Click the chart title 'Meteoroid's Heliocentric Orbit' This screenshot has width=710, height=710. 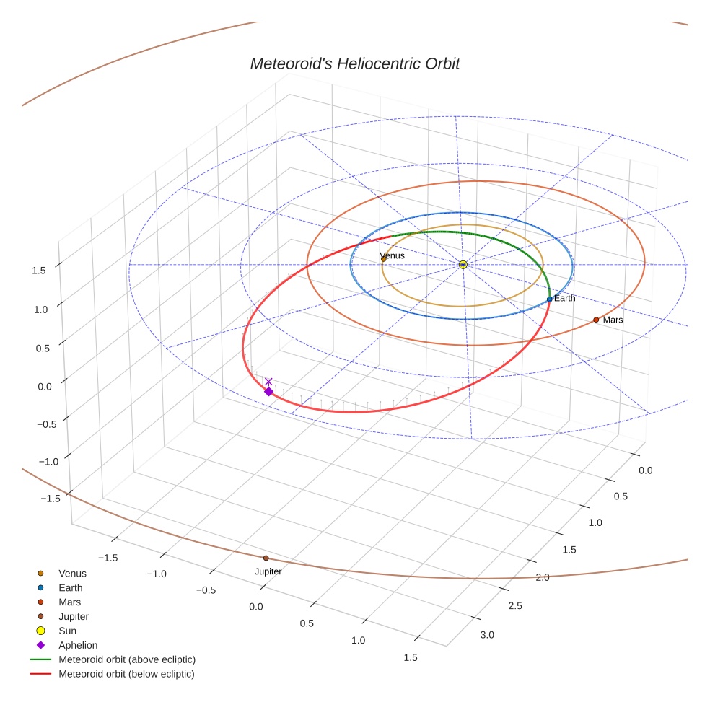354,63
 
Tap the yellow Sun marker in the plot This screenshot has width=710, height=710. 463,265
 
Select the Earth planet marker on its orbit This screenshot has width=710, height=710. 549,299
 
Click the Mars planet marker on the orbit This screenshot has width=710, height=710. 596,319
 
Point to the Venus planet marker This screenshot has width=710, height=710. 383,258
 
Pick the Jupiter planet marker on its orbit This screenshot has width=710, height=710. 266,558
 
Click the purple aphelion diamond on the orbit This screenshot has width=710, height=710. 268,391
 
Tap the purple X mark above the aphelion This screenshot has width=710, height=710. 268,381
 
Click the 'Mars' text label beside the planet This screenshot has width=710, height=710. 613,320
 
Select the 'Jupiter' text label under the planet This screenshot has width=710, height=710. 268,571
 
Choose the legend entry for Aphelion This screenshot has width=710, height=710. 77,645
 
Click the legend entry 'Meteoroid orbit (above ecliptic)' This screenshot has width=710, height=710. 127,659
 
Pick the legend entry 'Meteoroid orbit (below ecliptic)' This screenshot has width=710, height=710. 126,674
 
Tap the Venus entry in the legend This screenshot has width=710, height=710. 72,573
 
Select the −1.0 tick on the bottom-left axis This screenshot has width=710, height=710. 157,574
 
